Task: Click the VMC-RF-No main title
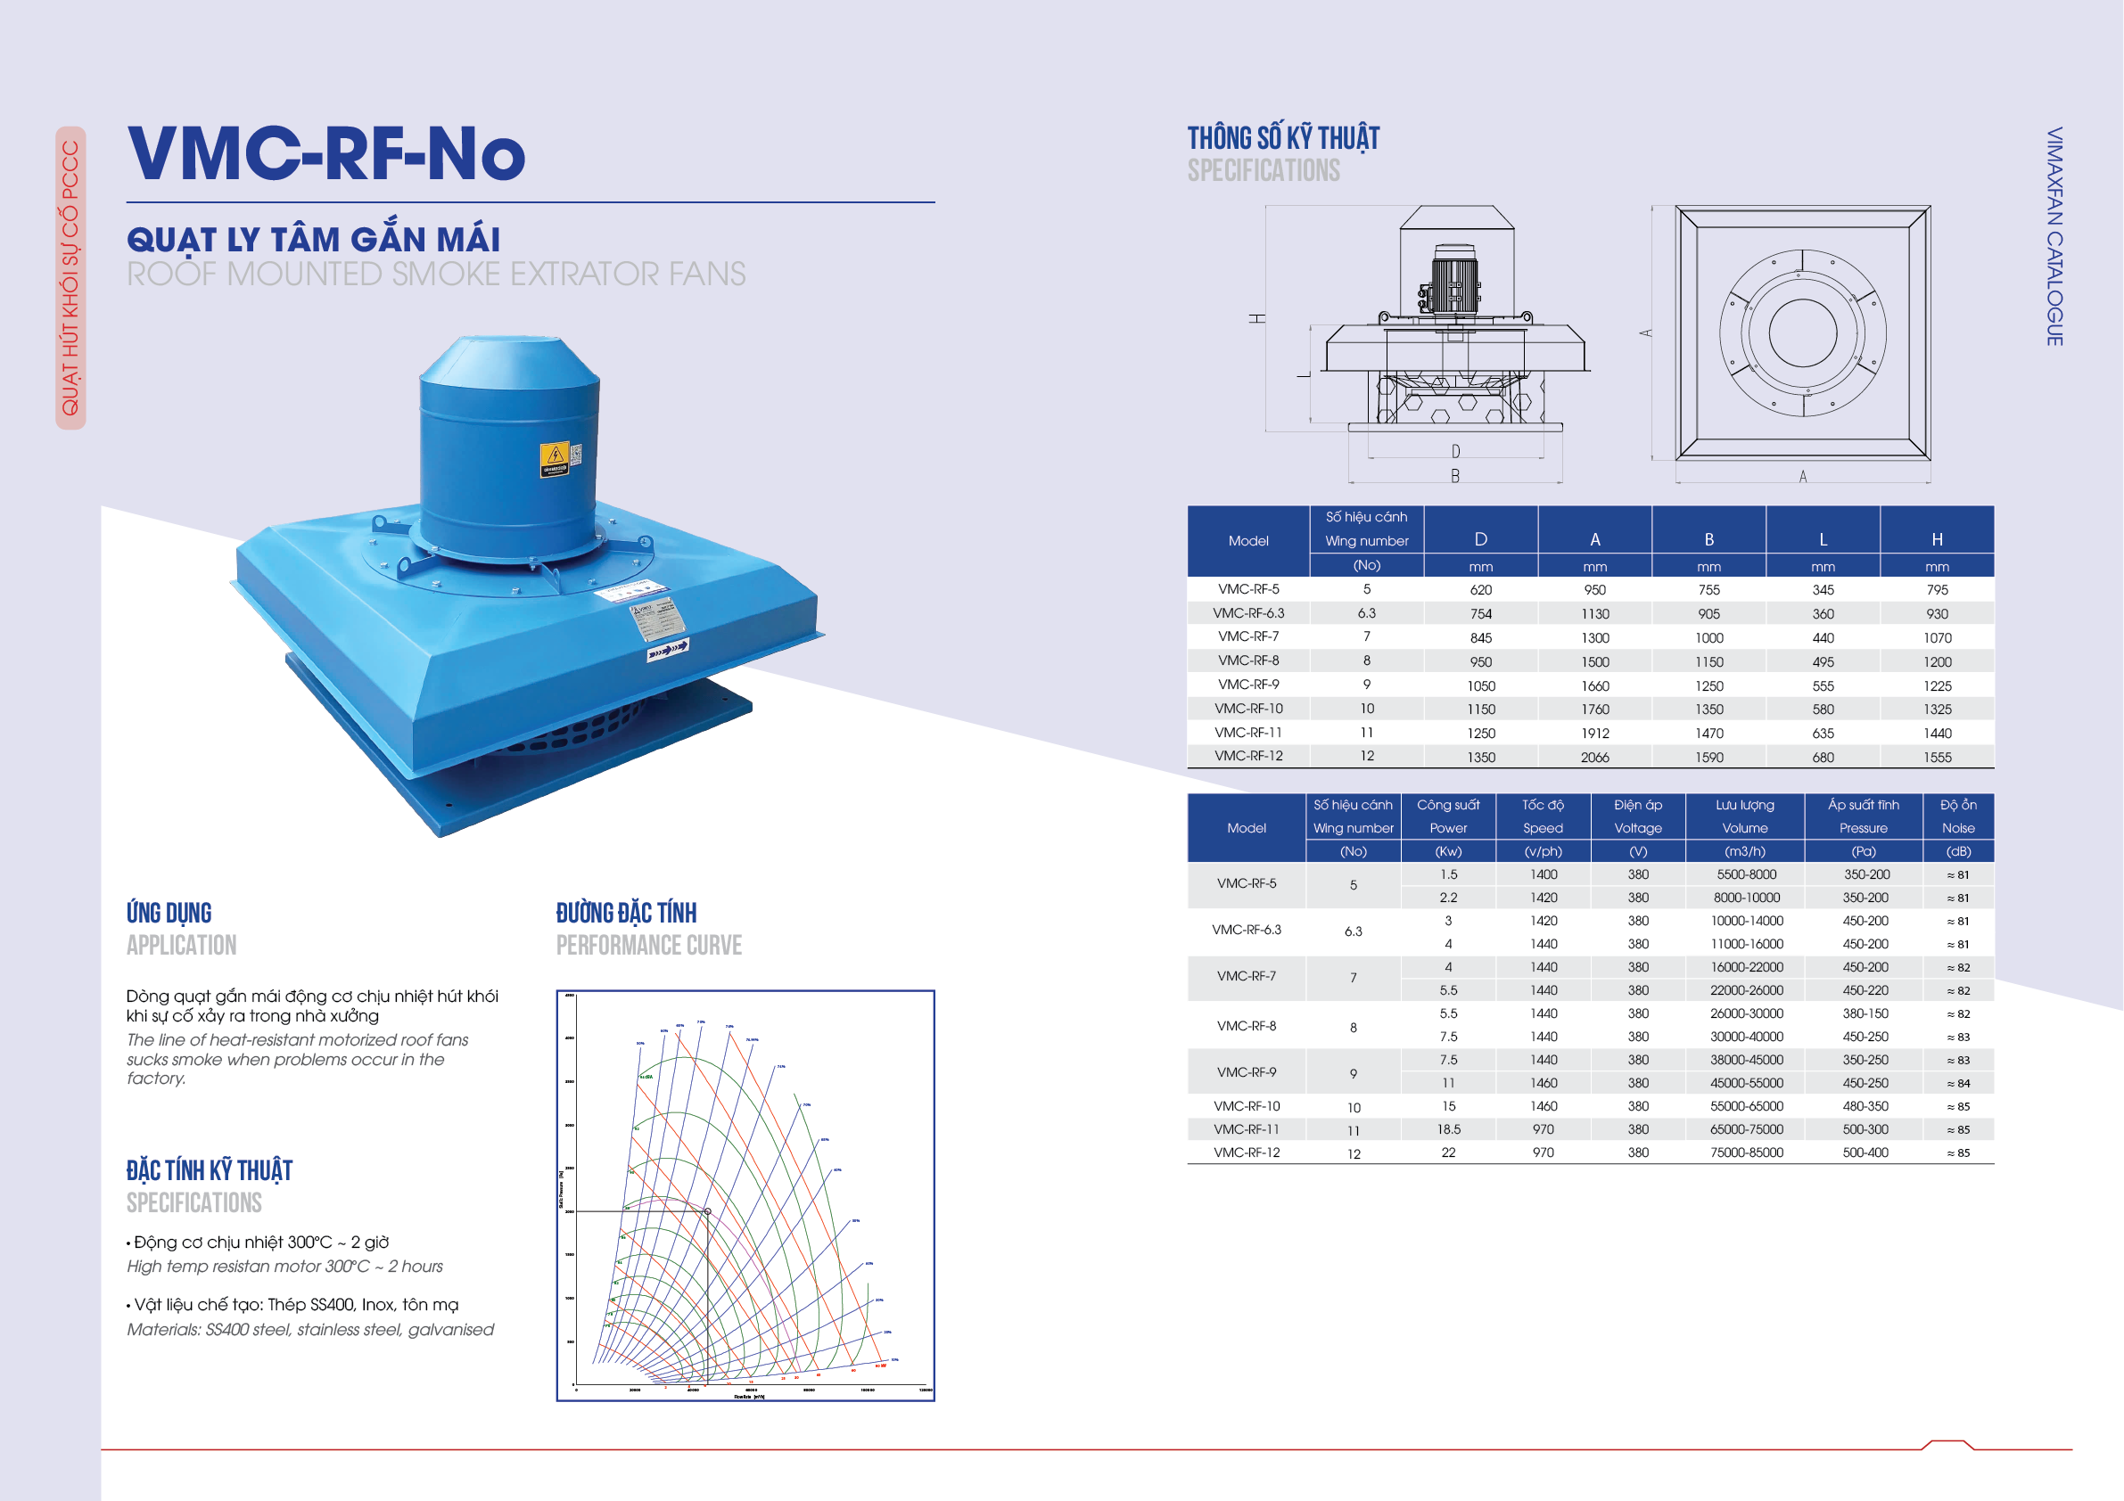pyautogui.click(x=325, y=153)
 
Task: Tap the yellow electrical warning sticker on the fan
pyautogui.click(x=555, y=458)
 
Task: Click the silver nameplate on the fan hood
pyautogui.click(x=658, y=618)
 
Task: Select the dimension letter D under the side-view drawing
pyautogui.click(x=1455, y=451)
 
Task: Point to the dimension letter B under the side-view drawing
pyautogui.click(x=1455, y=476)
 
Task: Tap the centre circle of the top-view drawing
pyautogui.click(x=1802, y=333)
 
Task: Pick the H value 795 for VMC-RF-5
pyautogui.click(x=1936, y=589)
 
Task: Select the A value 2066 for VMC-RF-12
pyautogui.click(x=1594, y=758)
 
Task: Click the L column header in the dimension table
pyautogui.click(x=1823, y=539)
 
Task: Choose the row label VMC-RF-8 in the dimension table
pyautogui.click(x=1248, y=660)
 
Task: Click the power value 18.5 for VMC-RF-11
pyautogui.click(x=1448, y=1129)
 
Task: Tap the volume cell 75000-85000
pyautogui.click(x=1746, y=1152)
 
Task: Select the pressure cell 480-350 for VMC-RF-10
pyautogui.click(x=1865, y=1106)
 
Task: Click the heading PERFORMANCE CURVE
pyautogui.click(x=648, y=945)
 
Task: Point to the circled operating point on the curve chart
pyautogui.click(x=708, y=1211)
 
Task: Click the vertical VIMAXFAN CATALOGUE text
pyautogui.click(x=2054, y=237)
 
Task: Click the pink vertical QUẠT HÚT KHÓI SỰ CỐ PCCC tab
pyautogui.click(x=70, y=277)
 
